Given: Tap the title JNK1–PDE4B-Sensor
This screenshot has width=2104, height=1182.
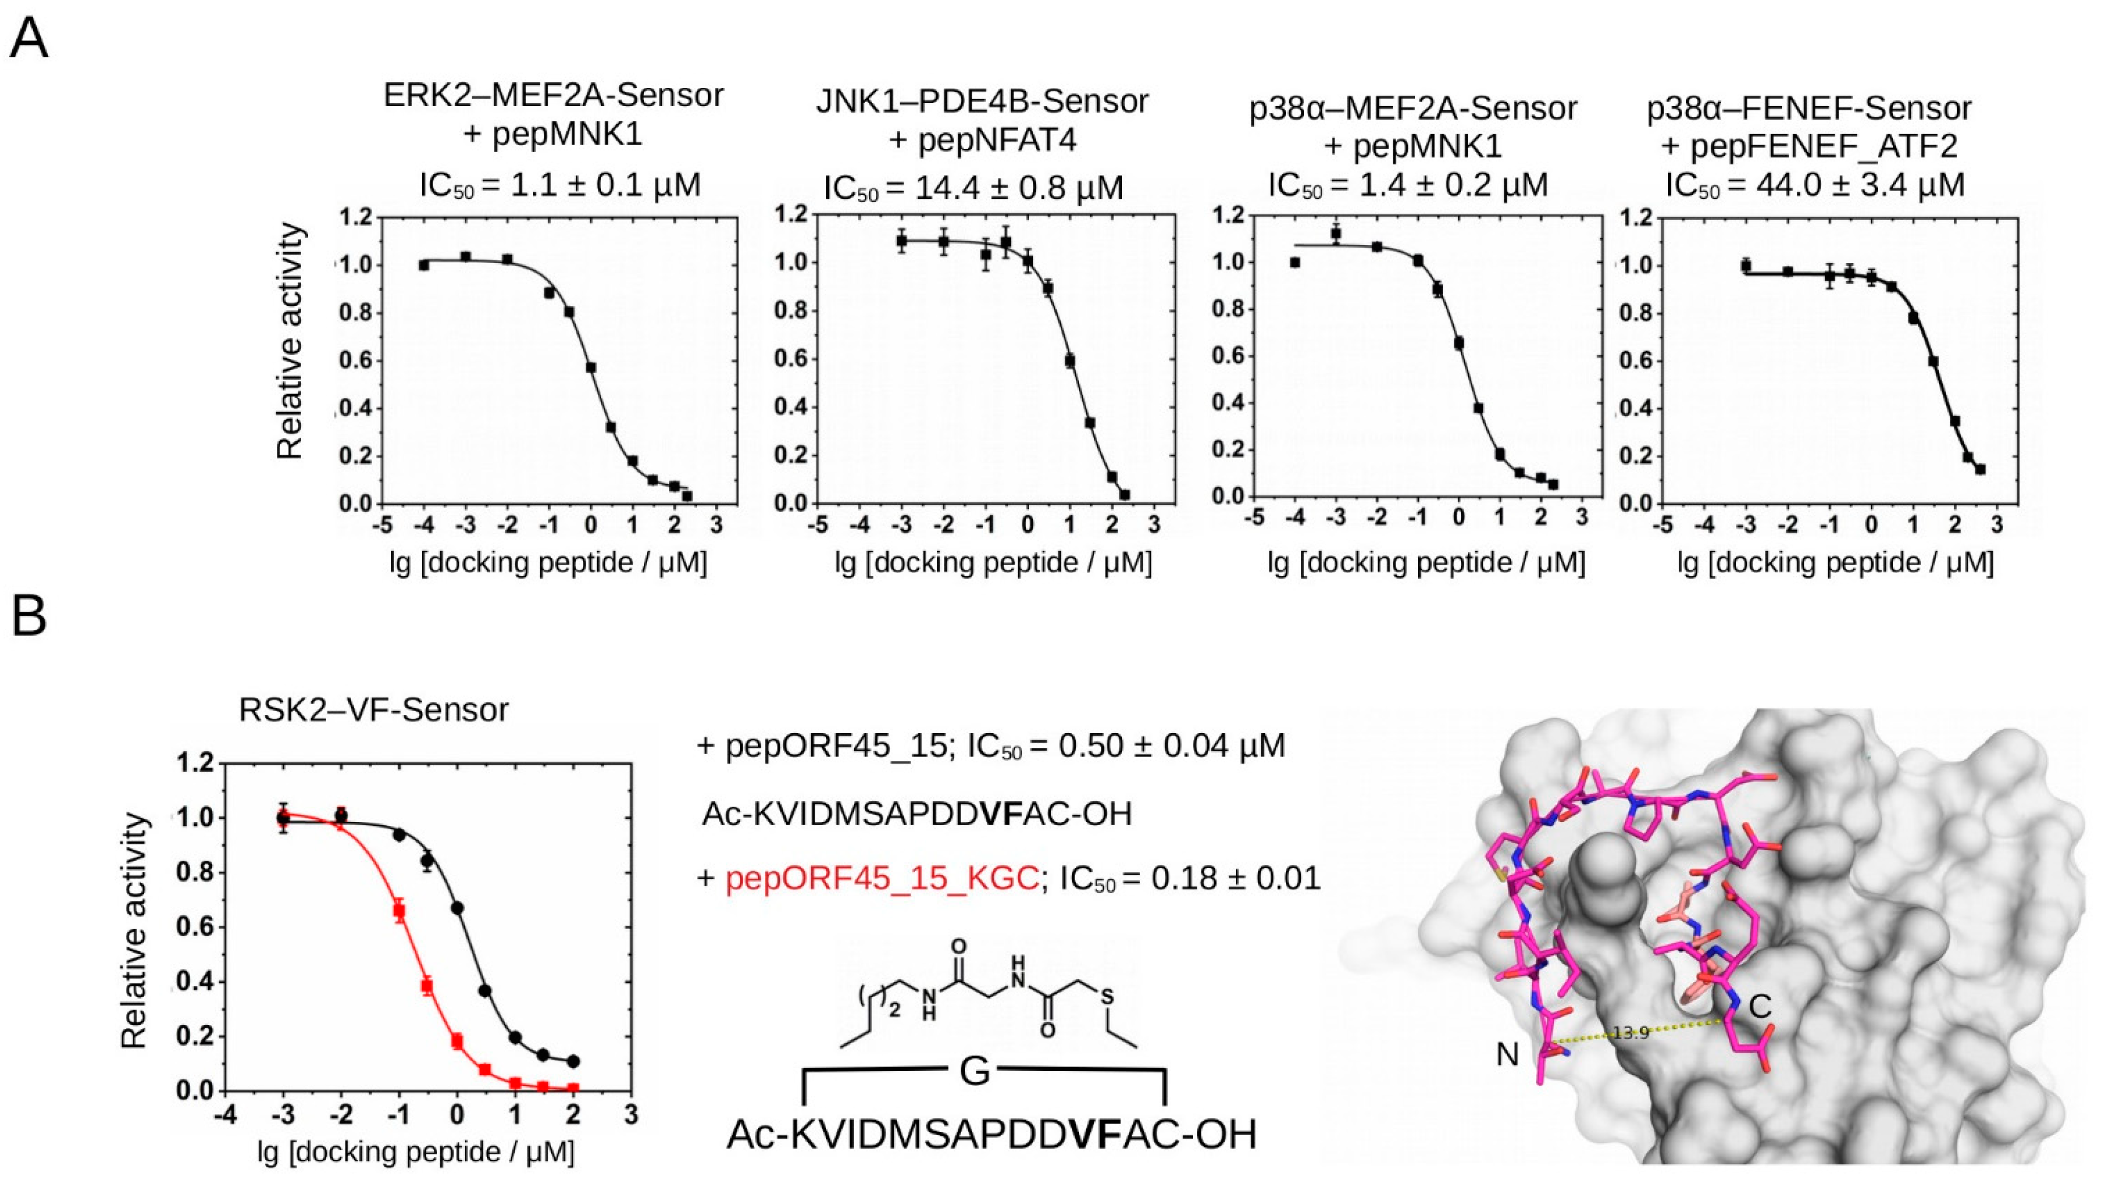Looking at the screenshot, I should tap(982, 101).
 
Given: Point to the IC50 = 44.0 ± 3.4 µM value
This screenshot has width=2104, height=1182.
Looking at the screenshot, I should tap(1815, 185).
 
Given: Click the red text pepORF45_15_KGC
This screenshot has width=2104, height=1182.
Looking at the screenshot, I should tap(882, 879).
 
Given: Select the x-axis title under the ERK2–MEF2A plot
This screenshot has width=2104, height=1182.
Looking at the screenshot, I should tap(548, 563).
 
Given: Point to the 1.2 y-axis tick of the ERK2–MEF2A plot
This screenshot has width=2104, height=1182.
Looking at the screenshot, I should tap(358, 217).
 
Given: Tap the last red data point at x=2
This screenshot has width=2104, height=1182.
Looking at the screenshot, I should tap(573, 1088).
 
